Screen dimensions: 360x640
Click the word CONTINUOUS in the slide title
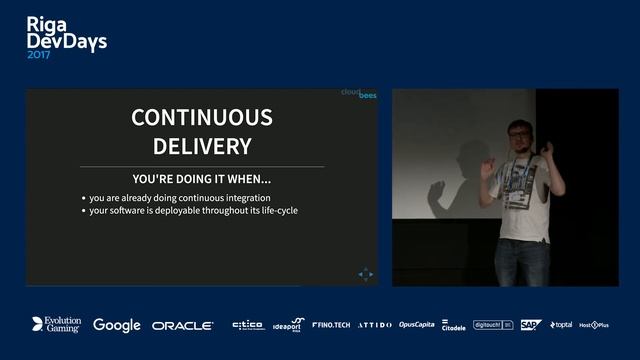(x=201, y=117)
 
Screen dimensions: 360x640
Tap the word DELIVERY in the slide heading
(x=201, y=146)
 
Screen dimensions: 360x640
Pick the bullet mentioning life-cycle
(x=193, y=210)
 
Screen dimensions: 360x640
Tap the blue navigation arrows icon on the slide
(x=365, y=273)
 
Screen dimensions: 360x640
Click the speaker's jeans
(x=521, y=261)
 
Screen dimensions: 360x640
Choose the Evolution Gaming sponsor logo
(x=56, y=325)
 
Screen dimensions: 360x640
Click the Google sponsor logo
(x=116, y=325)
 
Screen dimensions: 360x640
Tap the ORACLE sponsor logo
(x=183, y=325)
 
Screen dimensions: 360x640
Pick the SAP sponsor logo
(x=530, y=325)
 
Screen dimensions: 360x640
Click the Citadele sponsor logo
(x=453, y=325)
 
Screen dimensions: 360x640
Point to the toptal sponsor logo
(x=561, y=325)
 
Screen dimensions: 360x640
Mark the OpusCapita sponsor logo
(x=416, y=325)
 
